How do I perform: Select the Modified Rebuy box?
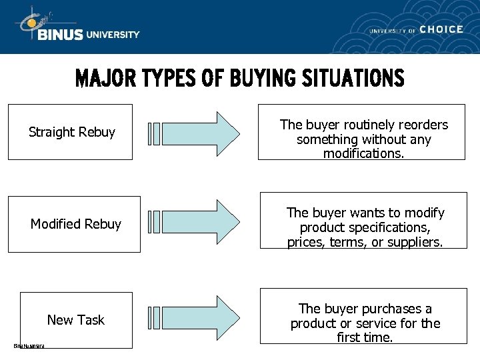tap(74, 224)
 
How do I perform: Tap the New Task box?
tap(76, 320)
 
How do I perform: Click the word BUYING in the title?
tap(260, 79)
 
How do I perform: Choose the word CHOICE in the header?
tap(441, 29)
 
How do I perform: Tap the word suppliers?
tap(413, 242)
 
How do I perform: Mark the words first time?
tap(365, 337)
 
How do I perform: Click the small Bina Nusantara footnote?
tap(29, 345)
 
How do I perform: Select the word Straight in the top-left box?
tap(51, 132)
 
